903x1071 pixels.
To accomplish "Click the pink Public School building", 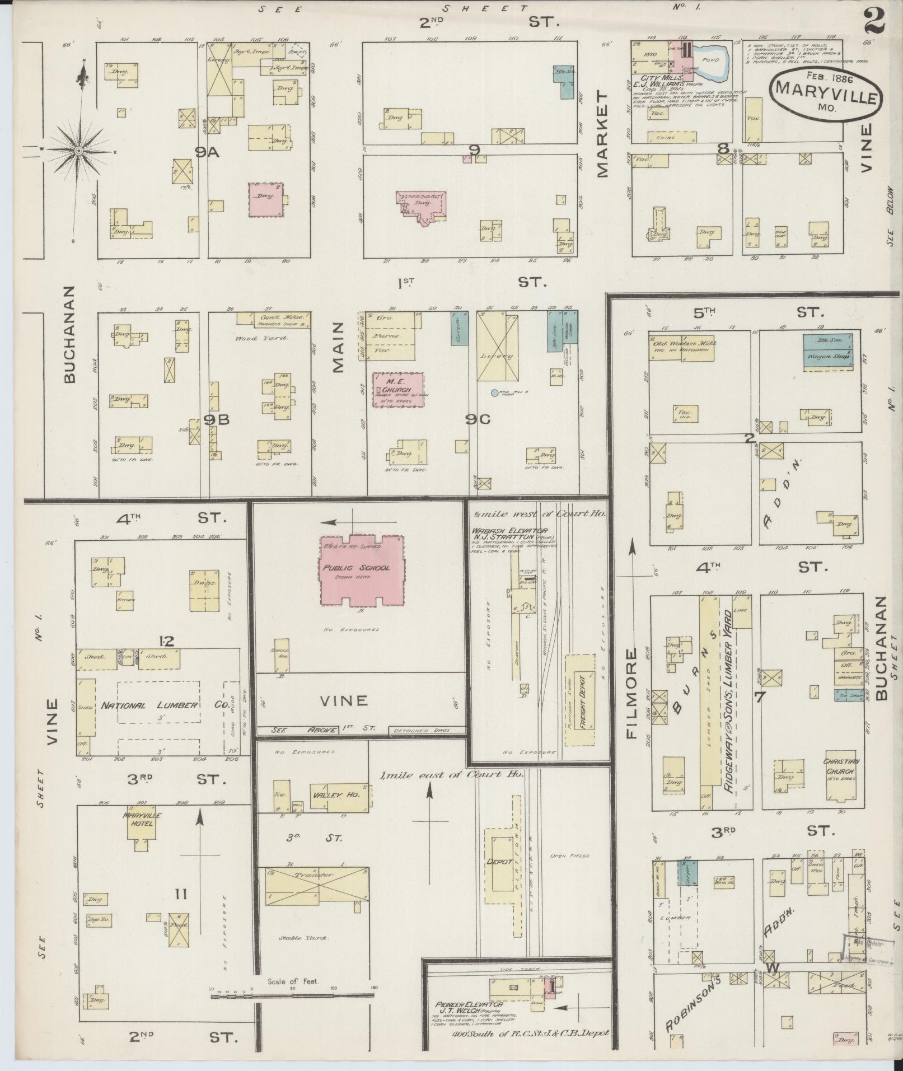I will (x=362, y=571).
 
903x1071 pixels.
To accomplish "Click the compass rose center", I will (x=79, y=151).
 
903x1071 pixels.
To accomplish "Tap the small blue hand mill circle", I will (x=494, y=393).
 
